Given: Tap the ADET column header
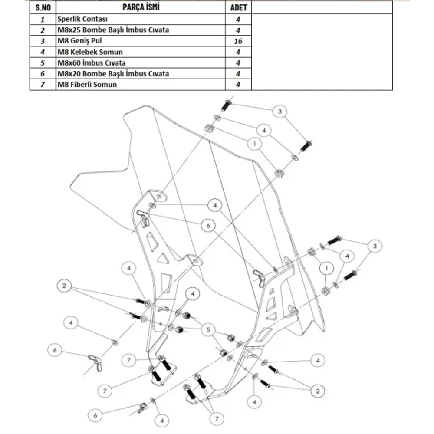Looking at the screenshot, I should [x=238, y=8].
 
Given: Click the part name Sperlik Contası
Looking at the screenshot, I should [x=82, y=19].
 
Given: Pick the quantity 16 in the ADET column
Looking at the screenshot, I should [x=238, y=41].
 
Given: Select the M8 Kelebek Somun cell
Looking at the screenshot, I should [x=87, y=52].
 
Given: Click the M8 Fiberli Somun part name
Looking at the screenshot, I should [x=87, y=85].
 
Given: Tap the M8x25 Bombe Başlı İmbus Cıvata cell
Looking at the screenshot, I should [x=113, y=30].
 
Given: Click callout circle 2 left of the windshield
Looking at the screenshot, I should [x=64, y=286].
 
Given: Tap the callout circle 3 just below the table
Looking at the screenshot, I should [x=280, y=112].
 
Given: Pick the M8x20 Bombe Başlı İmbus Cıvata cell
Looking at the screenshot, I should [x=113, y=74].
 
